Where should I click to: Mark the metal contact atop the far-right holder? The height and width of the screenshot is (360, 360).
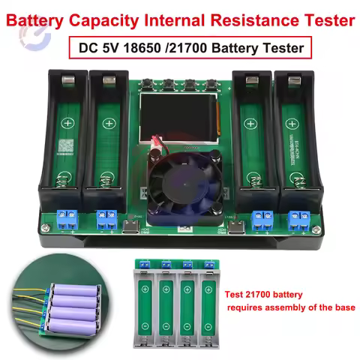point(292,77)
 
